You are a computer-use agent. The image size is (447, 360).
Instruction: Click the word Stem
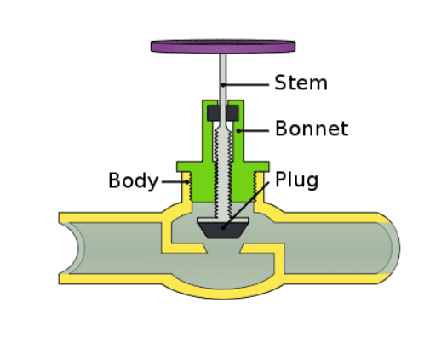[301, 83]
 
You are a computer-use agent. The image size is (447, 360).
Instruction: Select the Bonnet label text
[311, 129]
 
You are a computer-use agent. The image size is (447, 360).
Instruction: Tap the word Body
[133, 180]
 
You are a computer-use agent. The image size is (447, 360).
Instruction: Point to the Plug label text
[296, 180]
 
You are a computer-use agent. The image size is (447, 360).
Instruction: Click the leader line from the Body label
[173, 180]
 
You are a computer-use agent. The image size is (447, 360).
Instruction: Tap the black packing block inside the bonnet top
[222, 112]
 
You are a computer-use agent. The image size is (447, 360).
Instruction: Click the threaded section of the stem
[222, 170]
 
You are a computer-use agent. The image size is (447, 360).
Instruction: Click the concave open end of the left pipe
[78, 248]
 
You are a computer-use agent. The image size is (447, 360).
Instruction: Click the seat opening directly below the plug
[222, 248]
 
